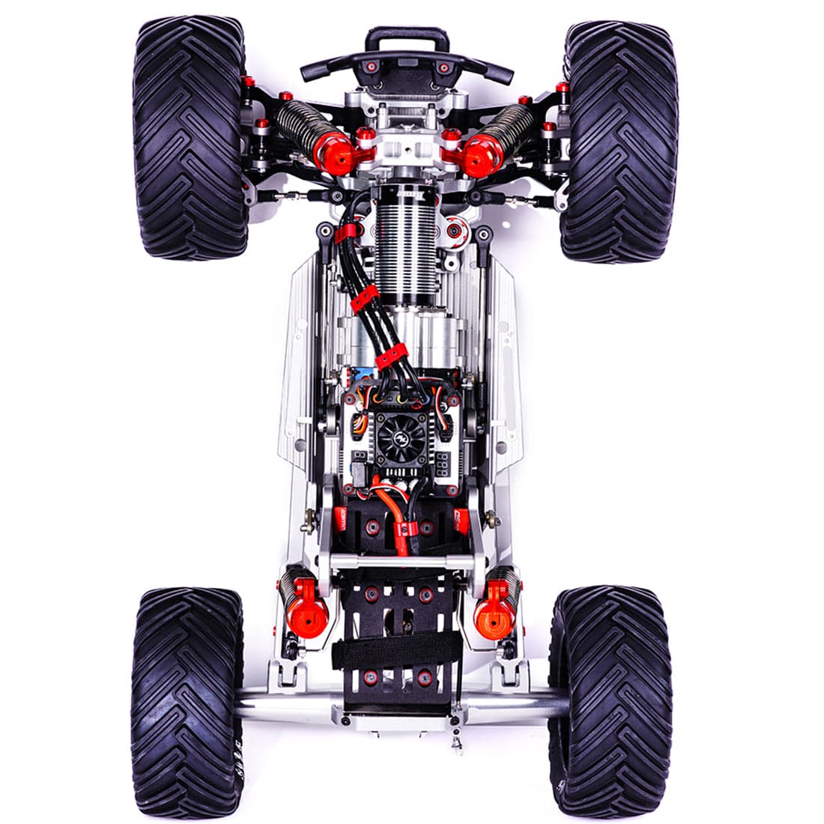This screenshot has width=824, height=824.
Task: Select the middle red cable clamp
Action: (x=364, y=297)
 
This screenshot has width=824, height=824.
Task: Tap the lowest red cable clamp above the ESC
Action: (x=390, y=356)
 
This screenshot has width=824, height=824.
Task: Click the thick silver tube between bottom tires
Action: (x=405, y=704)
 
